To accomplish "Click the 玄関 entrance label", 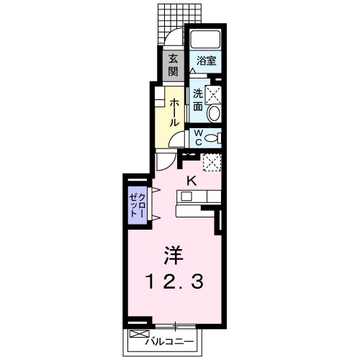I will point(174,66).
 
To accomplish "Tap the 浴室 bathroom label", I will point(206,61).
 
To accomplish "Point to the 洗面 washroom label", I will point(197,99).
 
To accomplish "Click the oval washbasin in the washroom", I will point(213,114).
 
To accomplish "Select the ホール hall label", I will point(174,112).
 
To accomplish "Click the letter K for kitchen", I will point(192,181).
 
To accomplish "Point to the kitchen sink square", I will point(186,197).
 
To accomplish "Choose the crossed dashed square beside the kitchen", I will point(211,163).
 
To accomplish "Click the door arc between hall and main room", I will point(165,162).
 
